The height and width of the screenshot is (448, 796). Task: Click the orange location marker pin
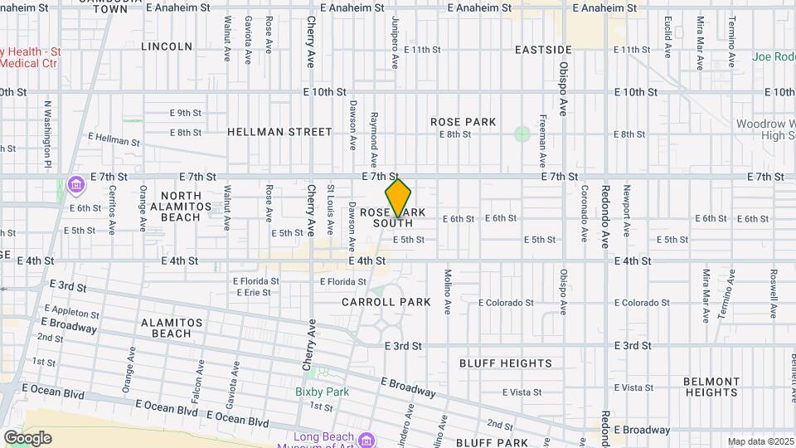click(x=398, y=197)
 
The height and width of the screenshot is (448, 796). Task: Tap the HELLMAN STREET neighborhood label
click(x=279, y=132)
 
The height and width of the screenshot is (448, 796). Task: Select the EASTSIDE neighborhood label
click(x=543, y=51)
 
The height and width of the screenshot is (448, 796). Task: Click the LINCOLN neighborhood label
click(x=167, y=46)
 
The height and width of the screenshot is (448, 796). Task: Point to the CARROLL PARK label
click(x=386, y=302)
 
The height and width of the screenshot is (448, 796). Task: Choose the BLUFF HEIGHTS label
click(x=506, y=363)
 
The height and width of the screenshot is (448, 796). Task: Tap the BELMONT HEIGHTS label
click(x=711, y=387)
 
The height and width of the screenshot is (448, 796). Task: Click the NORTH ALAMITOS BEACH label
click(x=175, y=207)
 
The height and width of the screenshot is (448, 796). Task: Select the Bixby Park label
click(x=322, y=392)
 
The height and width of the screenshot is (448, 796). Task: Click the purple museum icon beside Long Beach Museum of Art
click(x=366, y=437)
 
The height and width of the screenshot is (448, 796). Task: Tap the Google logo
click(x=27, y=438)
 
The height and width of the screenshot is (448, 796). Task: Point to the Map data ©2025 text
click(x=760, y=441)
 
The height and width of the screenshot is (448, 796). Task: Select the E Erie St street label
click(x=252, y=293)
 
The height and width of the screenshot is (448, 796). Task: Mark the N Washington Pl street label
click(x=48, y=133)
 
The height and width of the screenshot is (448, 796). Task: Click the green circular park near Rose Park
click(x=522, y=134)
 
